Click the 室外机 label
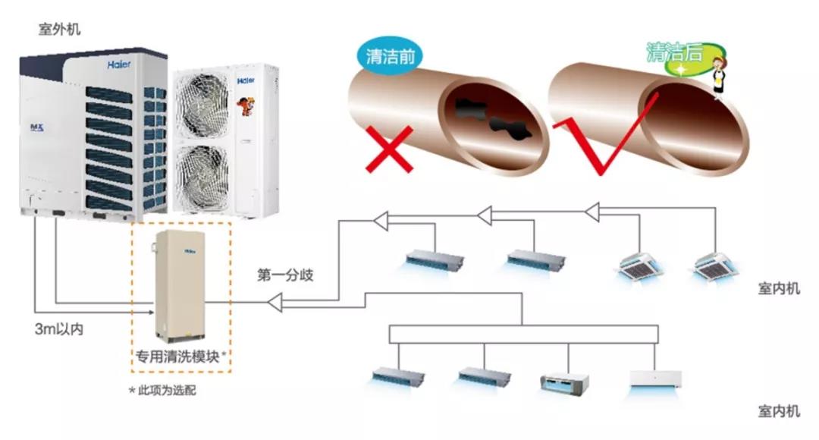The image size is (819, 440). coord(59,30)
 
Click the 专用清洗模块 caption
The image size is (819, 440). coord(180,356)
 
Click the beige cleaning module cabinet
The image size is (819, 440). coord(179,284)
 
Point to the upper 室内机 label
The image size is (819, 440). coord(778,289)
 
